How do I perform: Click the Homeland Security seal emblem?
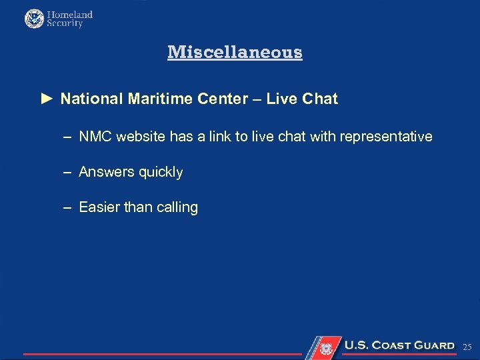[x=34, y=19]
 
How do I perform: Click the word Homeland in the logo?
[x=70, y=14]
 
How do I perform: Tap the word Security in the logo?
[x=65, y=23]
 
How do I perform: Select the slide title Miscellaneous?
[x=235, y=52]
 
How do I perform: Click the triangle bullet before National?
[x=46, y=99]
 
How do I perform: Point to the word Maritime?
[x=157, y=99]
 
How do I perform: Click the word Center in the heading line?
[x=223, y=99]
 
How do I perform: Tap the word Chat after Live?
[x=320, y=99]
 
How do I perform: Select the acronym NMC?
[x=95, y=137]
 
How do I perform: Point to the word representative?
[x=386, y=137]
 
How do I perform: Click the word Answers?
[x=106, y=172]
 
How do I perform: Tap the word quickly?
[x=161, y=172]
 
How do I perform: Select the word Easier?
[x=99, y=207]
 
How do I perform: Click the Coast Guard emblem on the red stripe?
[x=326, y=347]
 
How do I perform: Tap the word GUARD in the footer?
[x=434, y=345]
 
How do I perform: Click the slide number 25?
[x=467, y=347]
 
